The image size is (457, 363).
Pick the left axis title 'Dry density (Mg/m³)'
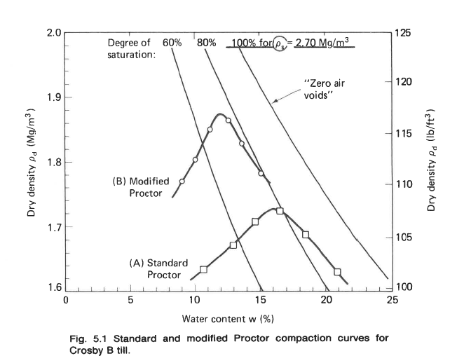pos(32,161)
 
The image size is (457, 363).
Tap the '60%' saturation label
pos(172,43)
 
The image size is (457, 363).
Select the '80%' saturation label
pos(206,43)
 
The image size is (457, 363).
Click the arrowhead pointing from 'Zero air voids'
pos(275,102)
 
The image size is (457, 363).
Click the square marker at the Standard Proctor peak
pos(280,211)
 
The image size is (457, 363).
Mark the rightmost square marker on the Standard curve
pos(337,272)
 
